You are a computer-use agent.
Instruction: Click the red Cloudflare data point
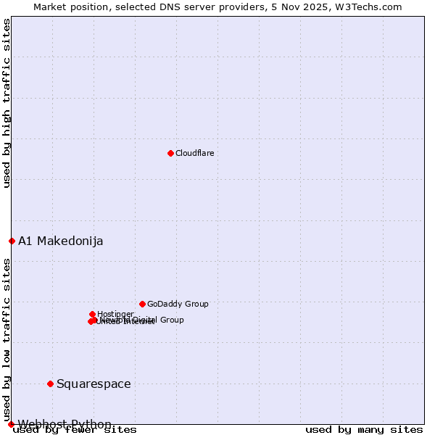click(170, 153)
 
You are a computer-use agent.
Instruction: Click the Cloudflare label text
click(194, 153)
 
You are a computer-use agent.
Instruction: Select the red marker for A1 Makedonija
click(12, 241)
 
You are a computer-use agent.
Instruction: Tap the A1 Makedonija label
click(60, 241)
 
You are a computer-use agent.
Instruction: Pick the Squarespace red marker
click(50, 384)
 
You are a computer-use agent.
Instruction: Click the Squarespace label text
click(94, 384)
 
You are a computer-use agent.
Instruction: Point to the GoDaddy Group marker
click(142, 304)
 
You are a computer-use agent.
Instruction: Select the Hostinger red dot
click(92, 314)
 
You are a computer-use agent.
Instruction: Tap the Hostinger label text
click(115, 314)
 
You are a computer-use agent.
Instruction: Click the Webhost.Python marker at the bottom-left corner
click(11, 423)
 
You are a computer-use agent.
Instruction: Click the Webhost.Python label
click(65, 424)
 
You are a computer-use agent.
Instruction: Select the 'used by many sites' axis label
click(363, 429)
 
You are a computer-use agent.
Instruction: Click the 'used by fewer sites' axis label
click(75, 429)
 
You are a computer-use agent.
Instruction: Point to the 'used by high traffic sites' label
click(7, 103)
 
